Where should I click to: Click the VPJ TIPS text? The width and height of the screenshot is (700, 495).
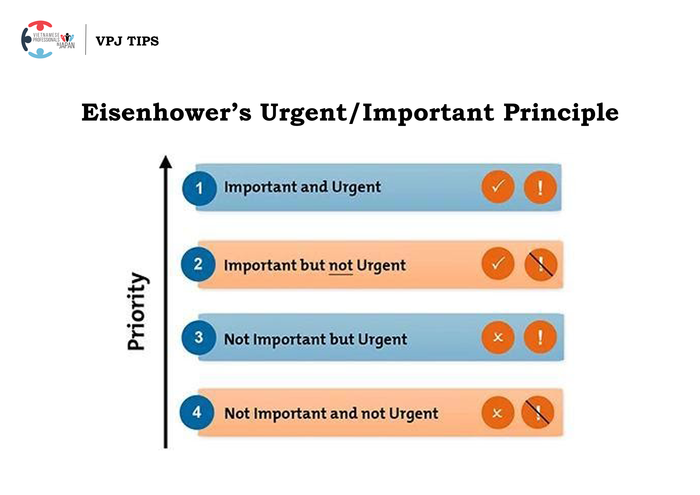(127, 41)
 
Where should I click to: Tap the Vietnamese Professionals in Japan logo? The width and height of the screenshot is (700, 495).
(48, 40)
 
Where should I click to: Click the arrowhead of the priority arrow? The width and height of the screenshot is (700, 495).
(166, 162)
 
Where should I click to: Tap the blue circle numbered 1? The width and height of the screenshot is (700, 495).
(199, 188)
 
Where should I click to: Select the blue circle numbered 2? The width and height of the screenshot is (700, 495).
(198, 264)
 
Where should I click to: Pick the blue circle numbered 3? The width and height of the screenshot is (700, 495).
(199, 337)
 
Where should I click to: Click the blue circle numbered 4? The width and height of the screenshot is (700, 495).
(197, 412)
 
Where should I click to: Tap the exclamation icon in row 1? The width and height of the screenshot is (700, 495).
(540, 187)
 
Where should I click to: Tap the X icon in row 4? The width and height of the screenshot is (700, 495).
(497, 413)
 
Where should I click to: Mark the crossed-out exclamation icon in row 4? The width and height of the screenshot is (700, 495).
(538, 412)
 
